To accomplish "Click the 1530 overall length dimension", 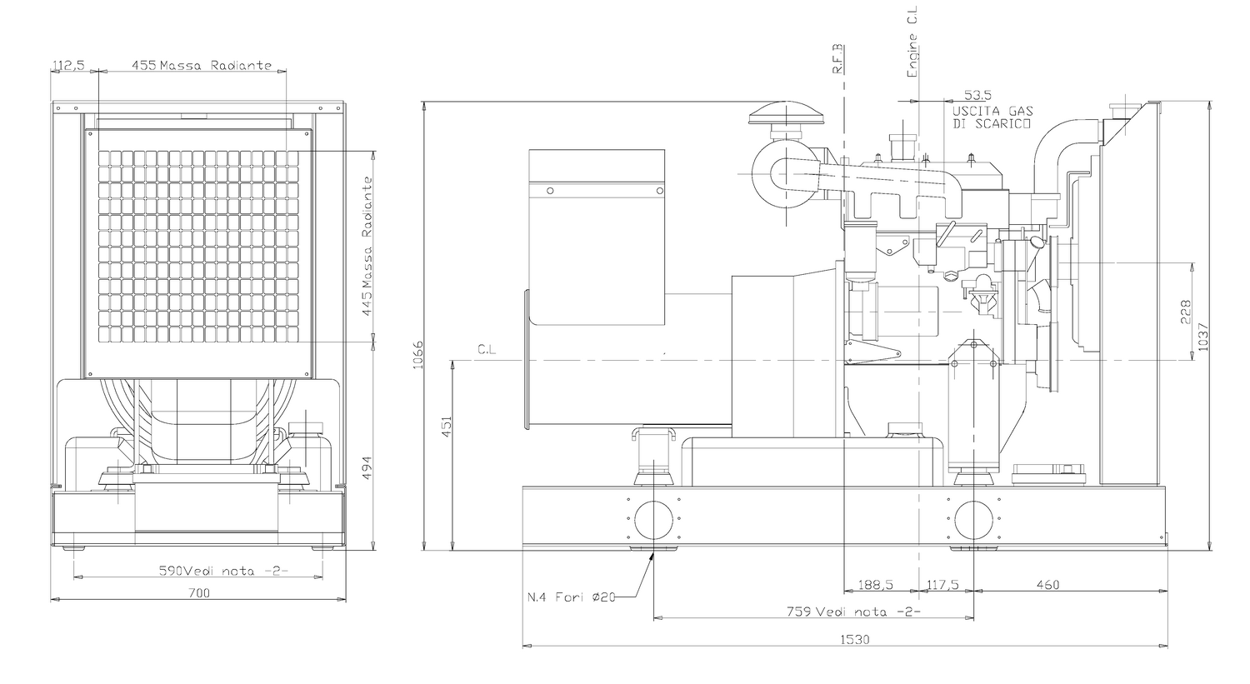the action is [854, 639].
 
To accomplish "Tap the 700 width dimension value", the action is [199, 592].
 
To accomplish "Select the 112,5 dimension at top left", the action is [68, 65].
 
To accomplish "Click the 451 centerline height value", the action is [447, 427].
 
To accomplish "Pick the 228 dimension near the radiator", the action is [1186, 312].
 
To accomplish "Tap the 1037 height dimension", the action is [1202, 337].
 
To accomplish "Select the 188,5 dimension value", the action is [875, 585].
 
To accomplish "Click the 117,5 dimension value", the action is [942, 585].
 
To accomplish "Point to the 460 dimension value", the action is [1047, 585].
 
